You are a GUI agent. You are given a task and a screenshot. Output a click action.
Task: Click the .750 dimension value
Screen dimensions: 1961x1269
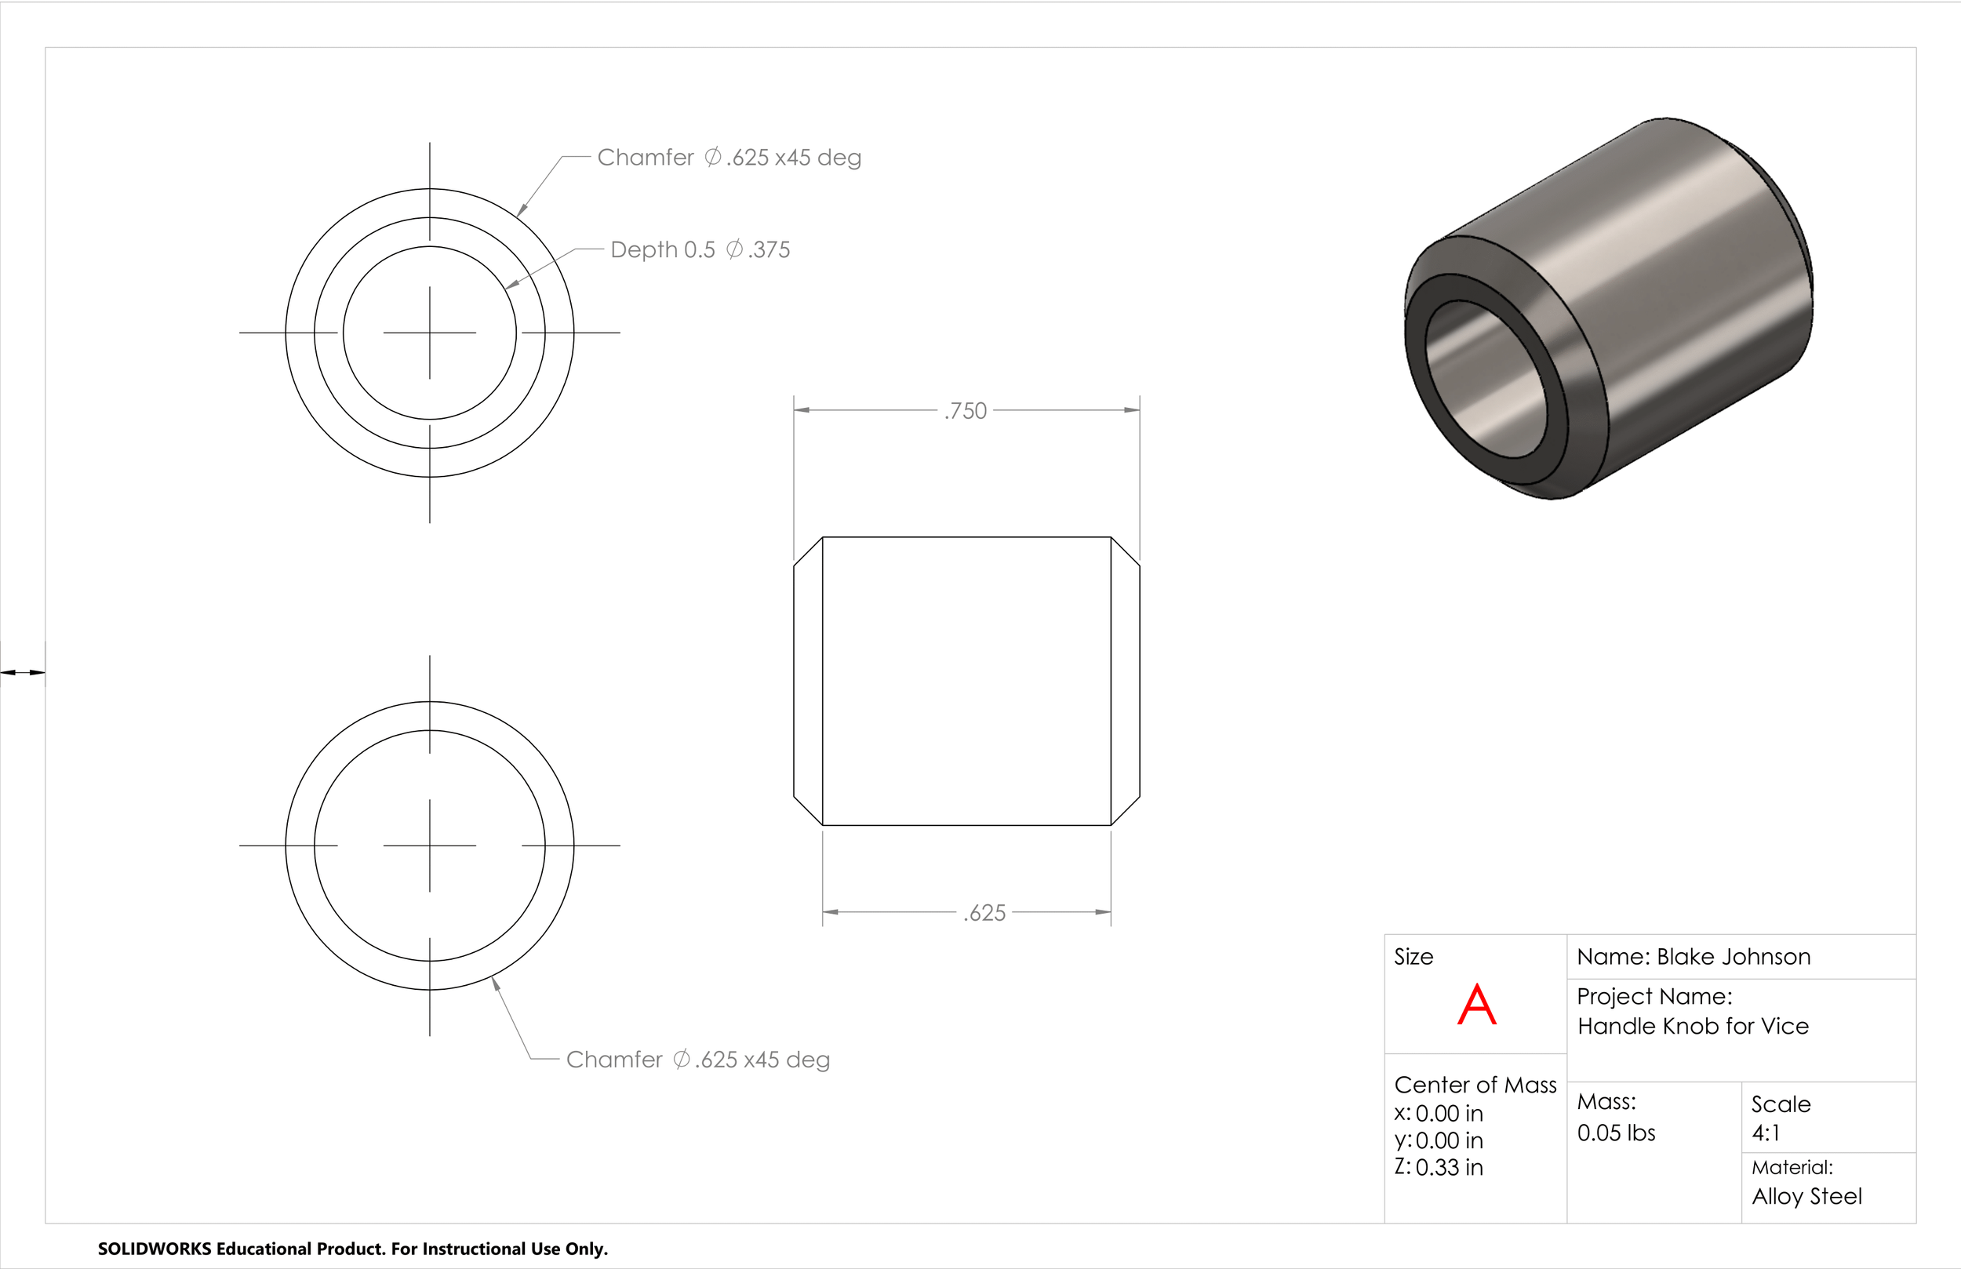pos(965,410)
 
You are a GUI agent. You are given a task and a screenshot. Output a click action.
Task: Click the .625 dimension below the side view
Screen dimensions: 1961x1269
pos(984,913)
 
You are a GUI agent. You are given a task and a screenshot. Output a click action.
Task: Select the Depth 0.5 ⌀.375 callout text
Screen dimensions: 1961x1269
pos(700,249)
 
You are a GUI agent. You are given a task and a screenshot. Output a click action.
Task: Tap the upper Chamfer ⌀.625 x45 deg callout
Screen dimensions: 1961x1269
pos(729,158)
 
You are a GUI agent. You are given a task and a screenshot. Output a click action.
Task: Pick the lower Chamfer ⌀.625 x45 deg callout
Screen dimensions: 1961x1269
pos(698,1060)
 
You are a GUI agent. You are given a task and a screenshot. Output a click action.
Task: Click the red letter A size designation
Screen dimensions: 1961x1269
pos(1476,1005)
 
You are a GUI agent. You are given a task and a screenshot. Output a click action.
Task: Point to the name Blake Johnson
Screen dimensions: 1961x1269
pos(1734,957)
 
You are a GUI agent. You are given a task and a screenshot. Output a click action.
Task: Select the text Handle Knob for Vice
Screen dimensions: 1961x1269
pos(1694,1026)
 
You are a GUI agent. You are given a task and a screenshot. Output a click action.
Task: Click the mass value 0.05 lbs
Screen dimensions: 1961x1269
pos(1616,1133)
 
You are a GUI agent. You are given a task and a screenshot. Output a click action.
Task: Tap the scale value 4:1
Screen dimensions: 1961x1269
pos(1766,1133)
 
